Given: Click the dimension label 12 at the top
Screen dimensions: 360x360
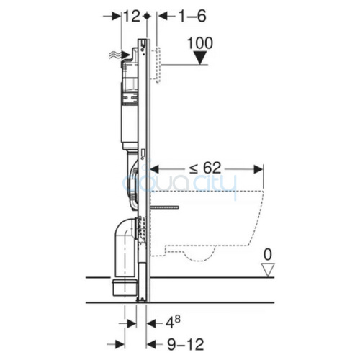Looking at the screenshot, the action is (132, 17).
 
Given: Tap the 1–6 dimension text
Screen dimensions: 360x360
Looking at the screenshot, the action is (192, 17).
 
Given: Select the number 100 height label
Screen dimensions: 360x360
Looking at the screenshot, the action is (200, 43).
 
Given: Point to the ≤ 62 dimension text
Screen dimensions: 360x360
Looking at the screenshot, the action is (204, 168).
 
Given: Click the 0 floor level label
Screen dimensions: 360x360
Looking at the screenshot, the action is (268, 254).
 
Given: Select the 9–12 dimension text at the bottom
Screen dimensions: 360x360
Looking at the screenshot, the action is (186, 344).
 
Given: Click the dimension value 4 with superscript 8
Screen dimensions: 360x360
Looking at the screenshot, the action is (174, 323).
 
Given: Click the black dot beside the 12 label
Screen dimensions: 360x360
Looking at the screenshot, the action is (147, 17).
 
